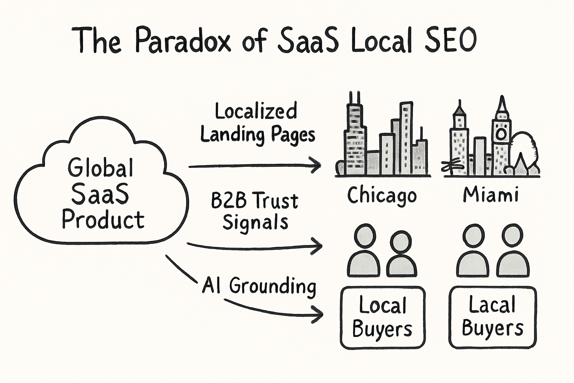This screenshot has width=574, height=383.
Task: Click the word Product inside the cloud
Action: [x=103, y=220]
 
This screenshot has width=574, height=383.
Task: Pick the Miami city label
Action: [x=491, y=194]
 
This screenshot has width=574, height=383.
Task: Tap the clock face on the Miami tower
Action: [x=501, y=134]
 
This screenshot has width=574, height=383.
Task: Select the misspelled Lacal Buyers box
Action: [x=493, y=317]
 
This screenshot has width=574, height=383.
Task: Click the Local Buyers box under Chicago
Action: [x=383, y=318]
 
